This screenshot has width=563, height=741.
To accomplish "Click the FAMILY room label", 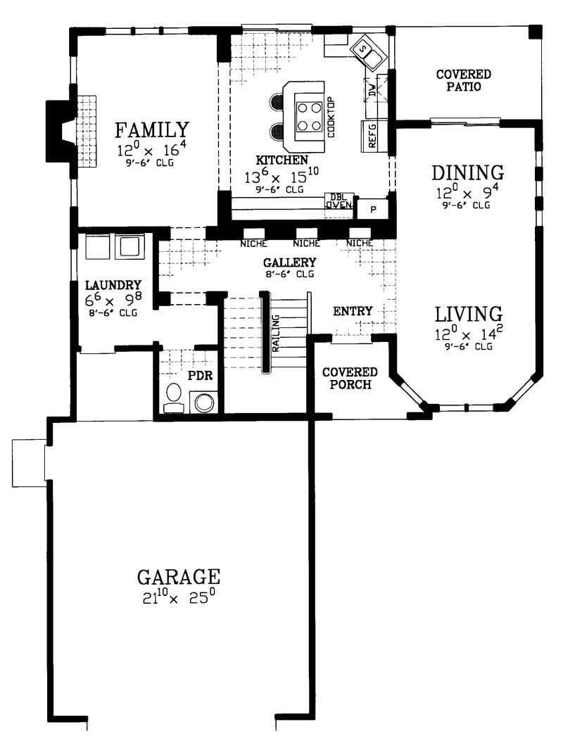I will [x=152, y=130].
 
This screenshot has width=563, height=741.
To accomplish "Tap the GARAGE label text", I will [x=179, y=577].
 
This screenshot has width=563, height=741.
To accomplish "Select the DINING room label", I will [x=468, y=172].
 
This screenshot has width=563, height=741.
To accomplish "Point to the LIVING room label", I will [x=467, y=314].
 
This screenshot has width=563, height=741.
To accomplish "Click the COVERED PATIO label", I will [x=463, y=80].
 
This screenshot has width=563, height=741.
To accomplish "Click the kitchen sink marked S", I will [x=365, y=51].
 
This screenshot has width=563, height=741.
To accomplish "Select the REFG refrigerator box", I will [x=372, y=134].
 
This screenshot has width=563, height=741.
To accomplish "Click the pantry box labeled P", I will [x=373, y=210].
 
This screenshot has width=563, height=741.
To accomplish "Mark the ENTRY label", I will [x=353, y=311].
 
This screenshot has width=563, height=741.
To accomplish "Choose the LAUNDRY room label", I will [x=113, y=285].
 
